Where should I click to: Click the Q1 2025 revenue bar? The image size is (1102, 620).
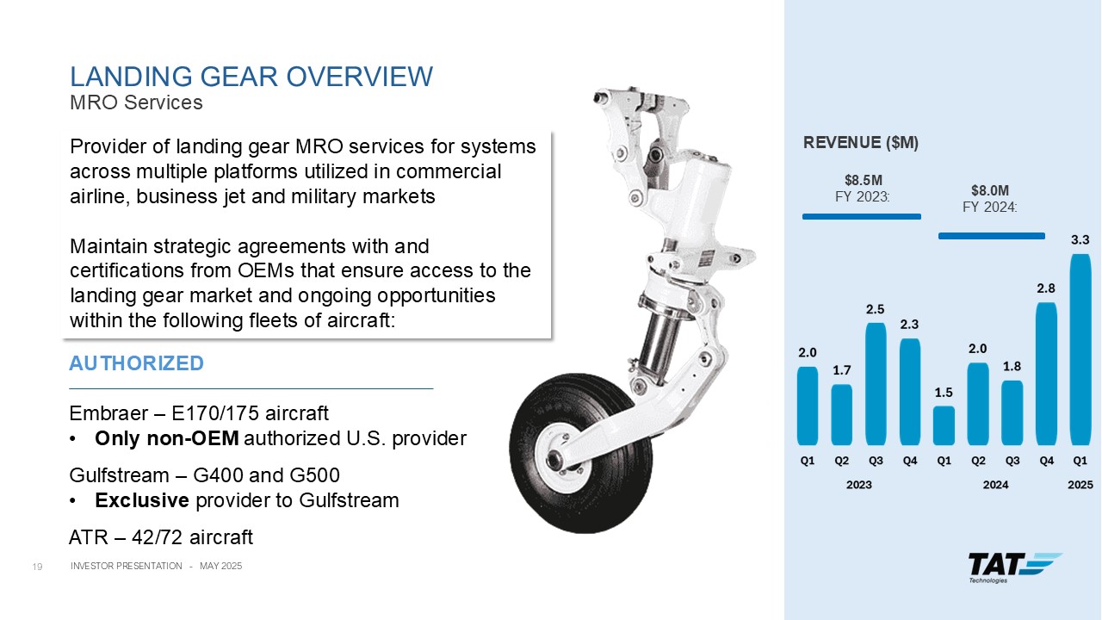tap(1080, 350)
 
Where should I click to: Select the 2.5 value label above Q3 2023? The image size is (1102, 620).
tap(876, 309)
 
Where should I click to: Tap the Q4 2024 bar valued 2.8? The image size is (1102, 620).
tap(1046, 374)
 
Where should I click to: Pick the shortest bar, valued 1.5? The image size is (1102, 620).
tap(944, 425)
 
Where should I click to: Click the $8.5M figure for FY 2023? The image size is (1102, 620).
tap(864, 180)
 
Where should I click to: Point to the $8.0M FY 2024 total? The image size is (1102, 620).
tap(990, 190)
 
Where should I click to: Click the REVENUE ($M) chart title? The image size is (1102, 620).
tap(861, 143)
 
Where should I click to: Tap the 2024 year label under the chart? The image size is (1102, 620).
tap(996, 485)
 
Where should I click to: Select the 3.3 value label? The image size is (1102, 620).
tap(1080, 240)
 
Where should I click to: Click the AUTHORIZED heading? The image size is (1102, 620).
tap(136, 363)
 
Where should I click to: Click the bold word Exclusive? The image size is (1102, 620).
tap(142, 500)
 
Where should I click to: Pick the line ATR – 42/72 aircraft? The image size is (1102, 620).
tap(161, 537)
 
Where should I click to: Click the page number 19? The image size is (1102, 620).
tap(37, 567)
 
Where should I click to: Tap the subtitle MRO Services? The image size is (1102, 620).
tap(136, 102)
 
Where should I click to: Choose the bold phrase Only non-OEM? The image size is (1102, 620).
tap(167, 438)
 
